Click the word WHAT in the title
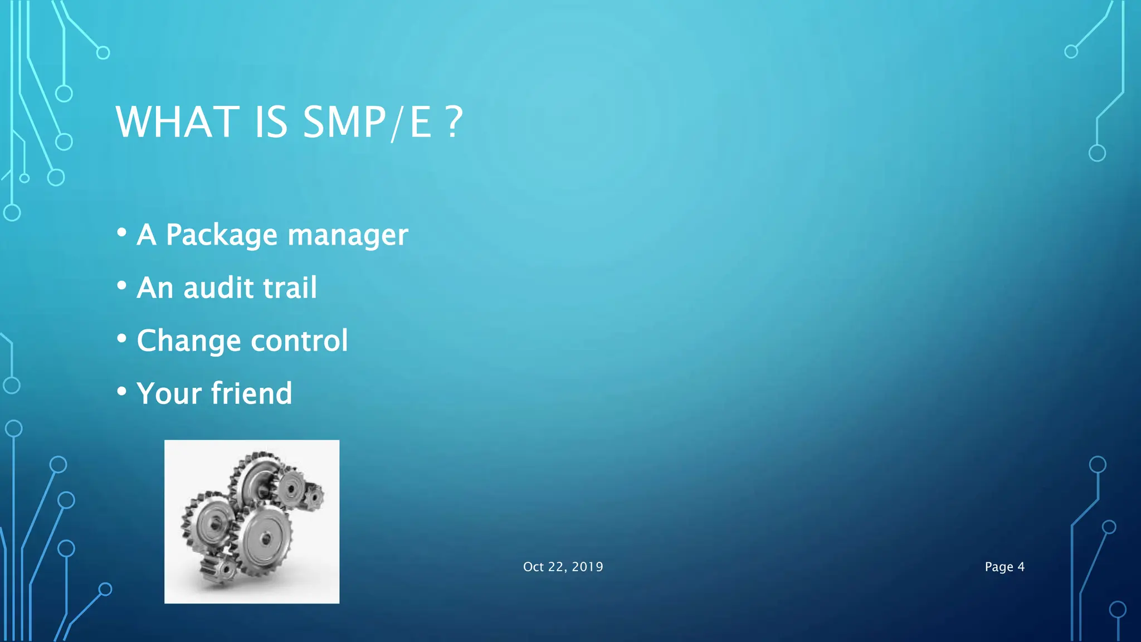click(x=177, y=122)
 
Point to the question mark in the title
click(x=455, y=122)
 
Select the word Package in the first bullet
click(x=221, y=235)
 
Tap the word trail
click(x=290, y=288)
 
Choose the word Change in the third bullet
click(x=188, y=341)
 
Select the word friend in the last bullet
click(x=251, y=393)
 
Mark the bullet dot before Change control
click(x=121, y=338)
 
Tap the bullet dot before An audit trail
click(x=121, y=285)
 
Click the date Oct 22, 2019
click(x=563, y=567)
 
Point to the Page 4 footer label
click(x=1004, y=567)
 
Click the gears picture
click(x=252, y=521)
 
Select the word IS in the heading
click(x=271, y=122)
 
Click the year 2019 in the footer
click(x=587, y=567)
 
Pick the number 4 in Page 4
click(x=1021, y=567)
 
